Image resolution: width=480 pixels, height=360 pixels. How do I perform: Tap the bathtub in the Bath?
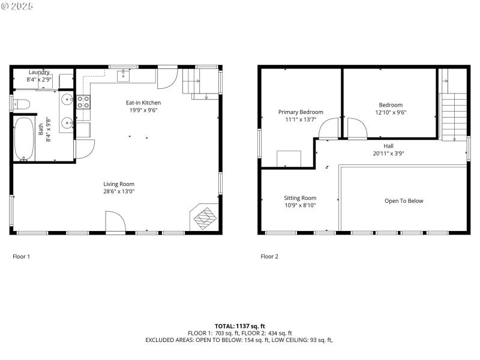coord(24,139)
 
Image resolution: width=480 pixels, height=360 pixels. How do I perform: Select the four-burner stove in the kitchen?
coord(83,102)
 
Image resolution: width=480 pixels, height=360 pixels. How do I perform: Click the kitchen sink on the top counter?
coord(124,75)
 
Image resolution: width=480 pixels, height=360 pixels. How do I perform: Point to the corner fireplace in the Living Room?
coord(203,217)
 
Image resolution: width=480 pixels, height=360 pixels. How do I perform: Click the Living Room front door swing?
coord(115,221)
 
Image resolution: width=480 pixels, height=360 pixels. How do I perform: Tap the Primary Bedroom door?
coord(328,128)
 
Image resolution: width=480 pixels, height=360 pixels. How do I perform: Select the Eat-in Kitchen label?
coord(143,103)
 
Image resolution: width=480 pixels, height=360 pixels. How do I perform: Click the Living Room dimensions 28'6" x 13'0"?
coord(118,192)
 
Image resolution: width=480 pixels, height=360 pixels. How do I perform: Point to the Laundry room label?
coord(39,72)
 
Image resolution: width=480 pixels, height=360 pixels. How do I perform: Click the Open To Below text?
coord(403,201)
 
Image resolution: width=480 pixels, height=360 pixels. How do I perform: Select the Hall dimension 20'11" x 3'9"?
coord(388,153)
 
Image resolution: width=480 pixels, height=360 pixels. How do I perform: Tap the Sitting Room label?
coord(300,198)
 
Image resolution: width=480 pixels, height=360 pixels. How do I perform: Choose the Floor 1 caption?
coord(21,256)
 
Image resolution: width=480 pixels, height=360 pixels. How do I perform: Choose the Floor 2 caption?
coord(269,256)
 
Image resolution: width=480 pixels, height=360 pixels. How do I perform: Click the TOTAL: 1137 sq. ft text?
coord(239,326)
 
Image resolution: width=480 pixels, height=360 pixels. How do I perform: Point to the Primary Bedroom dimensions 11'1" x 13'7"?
coord(300,119)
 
